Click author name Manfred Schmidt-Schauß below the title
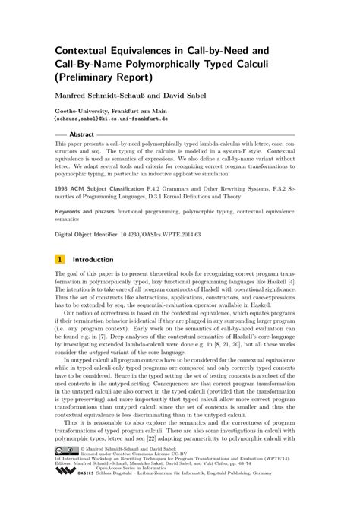103,96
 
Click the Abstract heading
81,134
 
